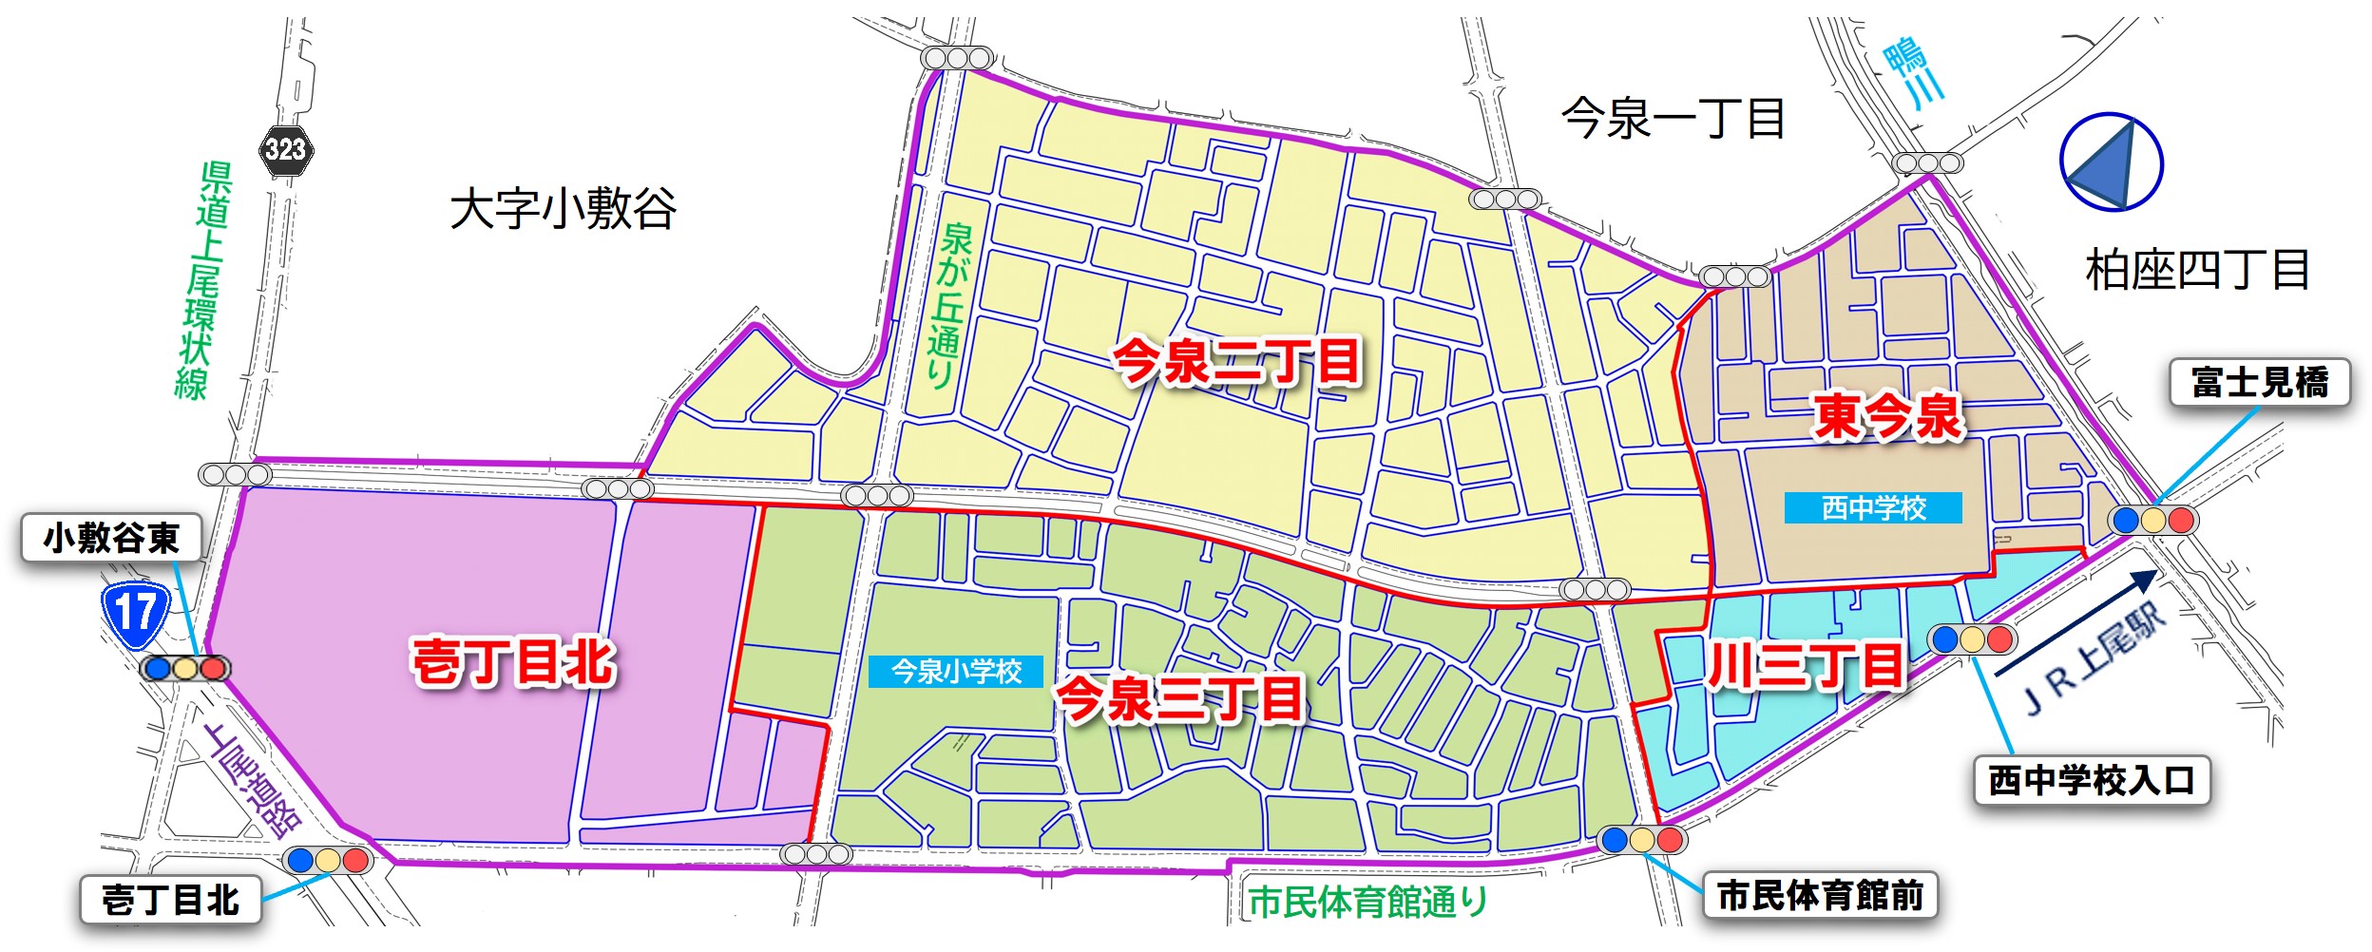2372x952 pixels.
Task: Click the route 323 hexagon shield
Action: click(x=285, y=150)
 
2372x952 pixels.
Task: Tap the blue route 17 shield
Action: click(x=136, y=614)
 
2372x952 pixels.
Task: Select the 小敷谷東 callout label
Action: click(x=112, y=539)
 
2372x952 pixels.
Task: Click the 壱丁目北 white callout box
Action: click(x=171, y=900)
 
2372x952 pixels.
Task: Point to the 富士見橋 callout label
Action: click(x=2259, y=383)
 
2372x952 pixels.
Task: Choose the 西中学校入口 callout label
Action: click(x=2091, y=781)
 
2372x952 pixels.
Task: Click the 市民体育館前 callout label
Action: click(x=1820, y=896)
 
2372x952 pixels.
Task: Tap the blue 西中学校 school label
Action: click(x=1872, y=508)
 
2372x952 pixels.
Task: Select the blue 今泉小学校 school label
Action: click(x=956, y=672)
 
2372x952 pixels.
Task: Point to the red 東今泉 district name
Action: click(x=1887, y=417)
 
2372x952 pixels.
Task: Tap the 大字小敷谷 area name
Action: click(x=563, y=209)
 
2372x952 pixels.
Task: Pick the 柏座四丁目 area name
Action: click(x=2197, y=270)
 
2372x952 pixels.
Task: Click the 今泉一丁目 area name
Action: click(x=1673, y=120)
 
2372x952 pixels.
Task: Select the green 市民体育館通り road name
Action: click(x=1368, y=902)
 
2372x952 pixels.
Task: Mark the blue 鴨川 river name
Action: click(x=1914, y=74)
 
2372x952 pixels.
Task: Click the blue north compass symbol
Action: click(x=2111, y=162)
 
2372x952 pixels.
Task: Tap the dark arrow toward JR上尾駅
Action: click(x=2075, y=623)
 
